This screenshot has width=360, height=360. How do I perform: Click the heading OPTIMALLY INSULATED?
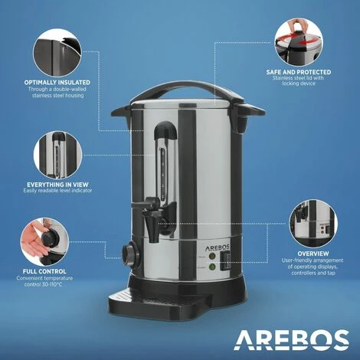coord(57,81)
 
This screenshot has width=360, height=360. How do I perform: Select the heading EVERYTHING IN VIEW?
coord(57,184)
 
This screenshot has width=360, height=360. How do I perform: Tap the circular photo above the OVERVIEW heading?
coord(314,221)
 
